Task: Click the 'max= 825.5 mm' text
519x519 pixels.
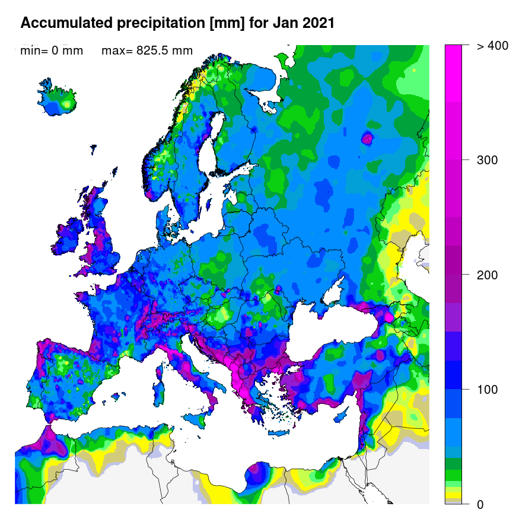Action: (147, 51)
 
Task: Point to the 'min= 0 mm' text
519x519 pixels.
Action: (52, 51)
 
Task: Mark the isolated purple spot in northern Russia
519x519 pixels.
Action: (367, 139)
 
